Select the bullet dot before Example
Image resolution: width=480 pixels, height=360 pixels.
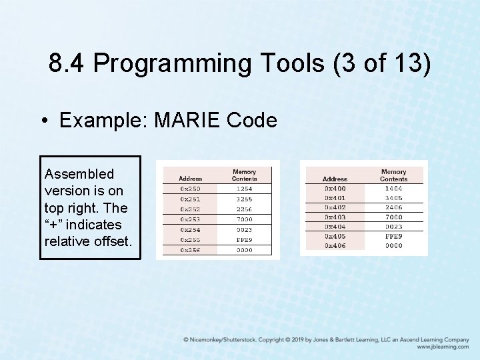click(x=43, y=121)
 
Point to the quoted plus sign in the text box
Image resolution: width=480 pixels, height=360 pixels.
click(x=51, y=225)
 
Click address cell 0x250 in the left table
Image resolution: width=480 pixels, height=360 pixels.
click(x=190, y=189)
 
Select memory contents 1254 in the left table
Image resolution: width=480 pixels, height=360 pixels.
click(x=244, y=189)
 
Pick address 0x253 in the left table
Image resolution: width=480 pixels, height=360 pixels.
click(x=190, y=219)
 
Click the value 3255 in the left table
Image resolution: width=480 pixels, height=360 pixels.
click(x=244, y=199)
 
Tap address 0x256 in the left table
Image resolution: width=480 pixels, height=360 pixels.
click(x=190, y=250)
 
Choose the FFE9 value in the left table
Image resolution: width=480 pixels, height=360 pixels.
click(x=244, y=240)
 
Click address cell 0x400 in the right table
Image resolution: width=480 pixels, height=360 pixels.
click(x=335, y=189)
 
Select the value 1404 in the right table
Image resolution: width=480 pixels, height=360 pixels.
click(x=393, y=189)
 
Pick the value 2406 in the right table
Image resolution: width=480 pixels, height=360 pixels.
click(x=393, y=207)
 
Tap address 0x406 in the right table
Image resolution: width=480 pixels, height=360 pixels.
click(x=335, y=245)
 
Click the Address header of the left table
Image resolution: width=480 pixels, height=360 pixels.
click(x=190, y=178)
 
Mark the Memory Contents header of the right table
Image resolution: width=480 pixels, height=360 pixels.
click(x=393, y=175)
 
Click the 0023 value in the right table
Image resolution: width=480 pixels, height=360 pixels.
click(x=393, y=227)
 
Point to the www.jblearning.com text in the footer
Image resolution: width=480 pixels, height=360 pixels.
click(x=443, y=347)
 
